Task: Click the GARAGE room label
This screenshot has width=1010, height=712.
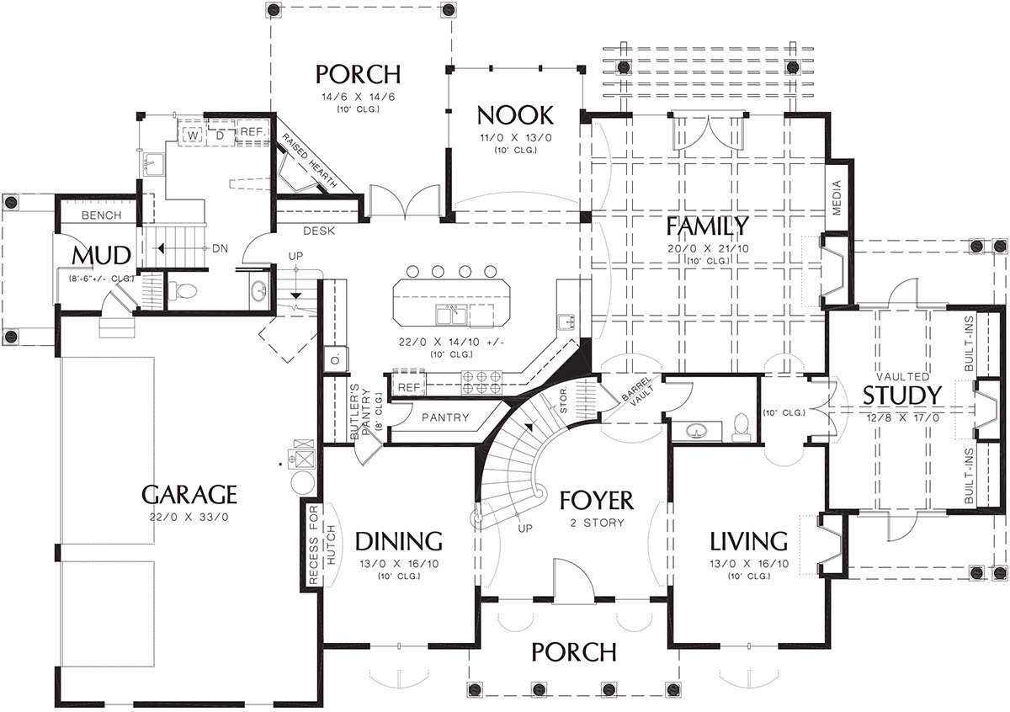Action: click(189, 495)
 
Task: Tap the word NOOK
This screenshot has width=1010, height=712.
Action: click(515, 115)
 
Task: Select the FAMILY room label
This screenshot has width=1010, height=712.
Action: click(707, 226)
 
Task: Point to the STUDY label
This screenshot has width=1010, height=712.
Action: click(902, 396)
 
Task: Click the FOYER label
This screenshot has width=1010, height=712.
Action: click(597, 501)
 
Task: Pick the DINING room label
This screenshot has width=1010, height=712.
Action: click(399, 541)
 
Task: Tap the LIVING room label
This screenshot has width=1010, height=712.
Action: click(749, 541)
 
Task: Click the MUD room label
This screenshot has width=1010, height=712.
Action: click(102, 256)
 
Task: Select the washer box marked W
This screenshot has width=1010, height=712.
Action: click(193, 135)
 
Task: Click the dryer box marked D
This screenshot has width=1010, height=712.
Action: click(221, 135)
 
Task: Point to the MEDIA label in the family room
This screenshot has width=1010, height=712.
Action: click(837, 198)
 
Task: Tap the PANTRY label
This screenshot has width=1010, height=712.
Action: click(445, 417)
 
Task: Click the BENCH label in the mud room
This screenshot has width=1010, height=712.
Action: click(102, 215)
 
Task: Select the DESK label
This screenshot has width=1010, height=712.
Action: click(319, 231)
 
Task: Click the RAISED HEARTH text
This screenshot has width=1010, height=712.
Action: click(309, 161)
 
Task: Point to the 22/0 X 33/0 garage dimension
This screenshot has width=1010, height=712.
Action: click(189, 518)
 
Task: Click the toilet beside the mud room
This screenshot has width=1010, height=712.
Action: click(183, 291)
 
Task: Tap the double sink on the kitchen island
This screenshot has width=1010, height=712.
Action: click(451, 314)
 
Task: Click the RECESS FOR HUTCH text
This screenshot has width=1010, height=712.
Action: click(322, 545)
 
